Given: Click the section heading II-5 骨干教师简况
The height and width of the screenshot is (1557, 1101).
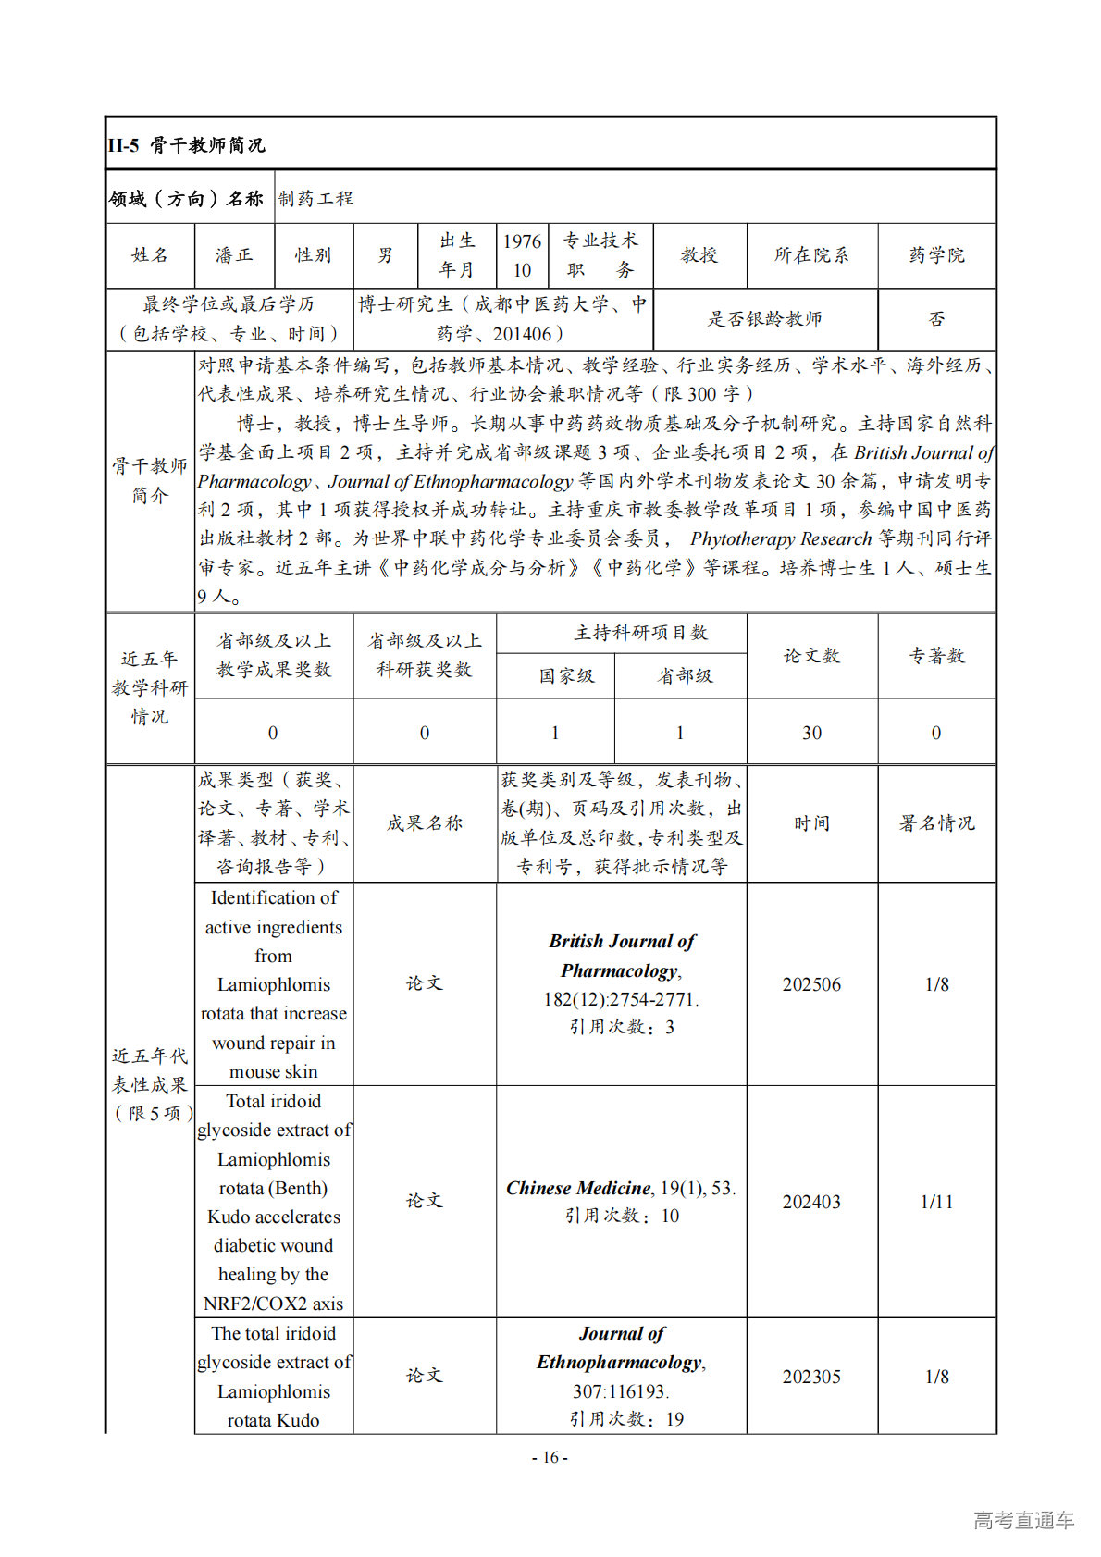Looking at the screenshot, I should [x=186, y=145].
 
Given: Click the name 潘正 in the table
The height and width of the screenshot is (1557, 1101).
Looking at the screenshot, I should [x=233, y=255].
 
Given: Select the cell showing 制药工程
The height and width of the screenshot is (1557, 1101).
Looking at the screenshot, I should [x=316, y=198].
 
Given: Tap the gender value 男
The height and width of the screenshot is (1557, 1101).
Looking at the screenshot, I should [x=385, y=255].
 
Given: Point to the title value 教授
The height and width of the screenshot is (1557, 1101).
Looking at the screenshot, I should [x=699, y=255].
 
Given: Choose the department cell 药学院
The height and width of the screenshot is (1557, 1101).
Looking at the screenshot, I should [x=936, y=255].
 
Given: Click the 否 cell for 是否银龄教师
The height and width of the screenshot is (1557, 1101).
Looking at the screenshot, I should [x=936, y=319].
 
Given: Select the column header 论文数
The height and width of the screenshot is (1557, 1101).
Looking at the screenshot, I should [x=811, y=656].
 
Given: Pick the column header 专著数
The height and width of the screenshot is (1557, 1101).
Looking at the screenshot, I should [x=936, y=656].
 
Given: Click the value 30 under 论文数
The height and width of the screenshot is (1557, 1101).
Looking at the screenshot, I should [x=811, y=733].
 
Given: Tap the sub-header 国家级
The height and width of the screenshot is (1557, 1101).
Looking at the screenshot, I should [x=566, y=676].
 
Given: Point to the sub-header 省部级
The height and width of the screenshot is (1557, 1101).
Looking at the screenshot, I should [x=685, y=676].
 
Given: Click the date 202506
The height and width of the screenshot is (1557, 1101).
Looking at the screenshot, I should [x=811, y=984].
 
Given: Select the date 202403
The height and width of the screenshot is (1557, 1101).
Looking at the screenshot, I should [x=811, y=1202].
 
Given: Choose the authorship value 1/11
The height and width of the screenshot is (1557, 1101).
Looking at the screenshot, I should [x=936, y=1202].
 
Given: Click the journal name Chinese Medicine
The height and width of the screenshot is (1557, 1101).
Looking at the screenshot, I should [x=578, y=1188].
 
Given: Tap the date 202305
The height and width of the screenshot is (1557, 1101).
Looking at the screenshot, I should [x=811, y=1377].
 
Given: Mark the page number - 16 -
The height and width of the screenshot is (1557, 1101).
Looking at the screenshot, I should [x=550, y=1458].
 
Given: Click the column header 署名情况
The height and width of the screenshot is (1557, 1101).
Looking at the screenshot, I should [x=936, y=823].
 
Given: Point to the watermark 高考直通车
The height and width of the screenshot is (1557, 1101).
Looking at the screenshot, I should [x=1023, y=1520].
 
